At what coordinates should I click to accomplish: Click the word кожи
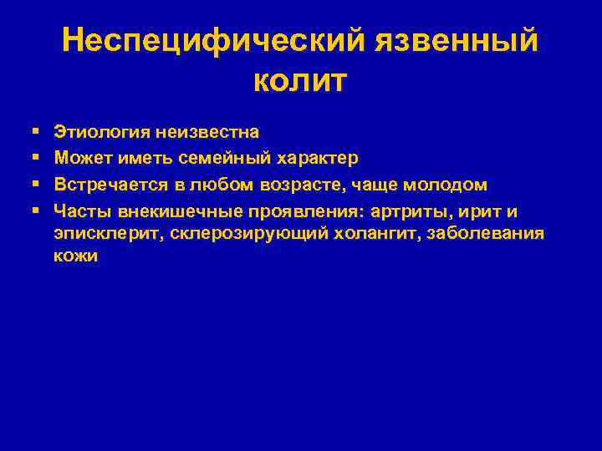(75, 257)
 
